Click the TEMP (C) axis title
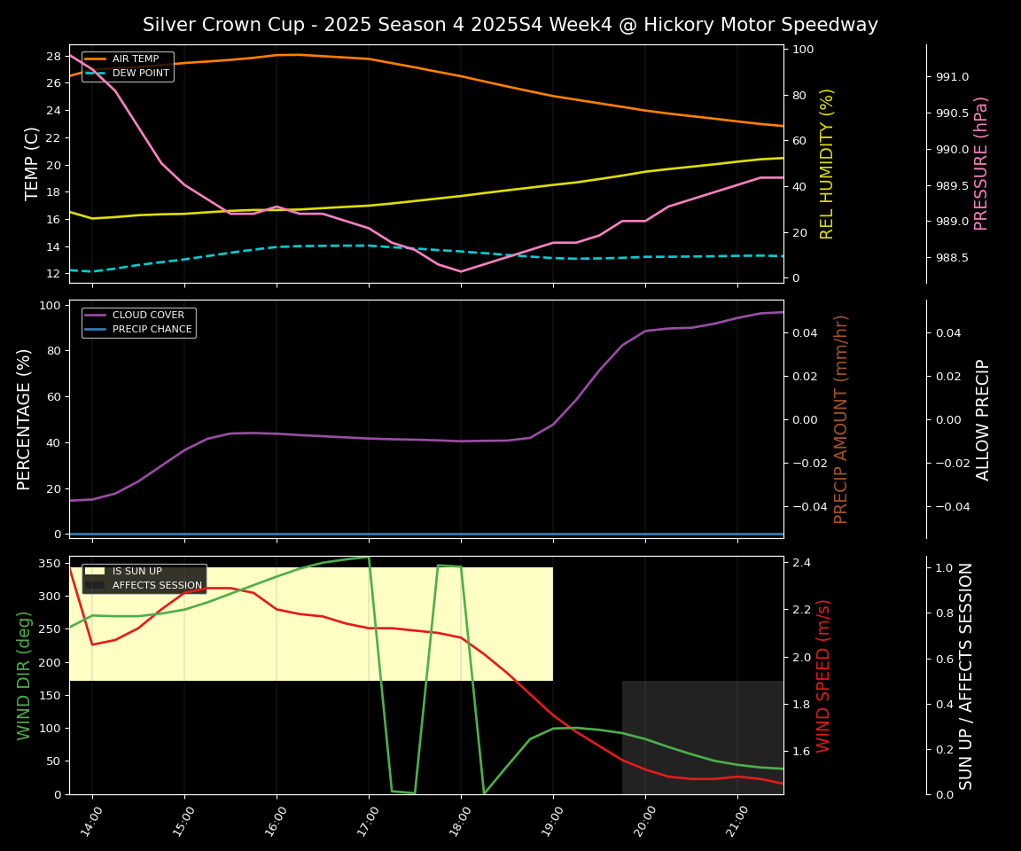(x=32, y=163)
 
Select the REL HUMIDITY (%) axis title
(x=827, y=163)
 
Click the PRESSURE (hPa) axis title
(x=981, y=163)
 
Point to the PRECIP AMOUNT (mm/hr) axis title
(x=841, y=418)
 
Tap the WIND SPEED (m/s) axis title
(x=823, y=675)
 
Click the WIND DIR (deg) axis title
(x=24, y=675)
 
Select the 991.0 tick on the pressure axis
(x=952, y=77)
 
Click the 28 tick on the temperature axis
(x=52, y=56)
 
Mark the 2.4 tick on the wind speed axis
(x=803, y=563)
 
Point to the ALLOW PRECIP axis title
(x=983, y=418)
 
